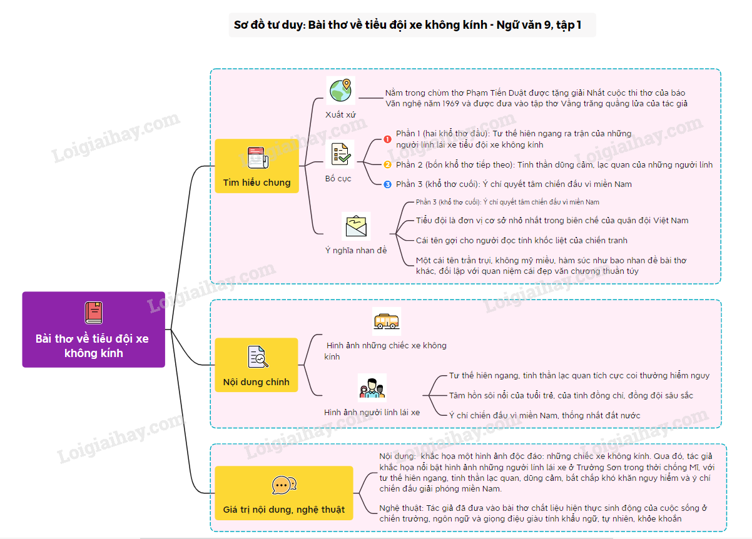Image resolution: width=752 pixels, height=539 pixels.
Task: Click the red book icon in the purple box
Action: (x=94, y=313)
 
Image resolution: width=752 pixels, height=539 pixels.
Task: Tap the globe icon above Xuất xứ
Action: (x=340, y=90)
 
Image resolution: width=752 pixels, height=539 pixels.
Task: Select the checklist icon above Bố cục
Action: (x=340, y=154)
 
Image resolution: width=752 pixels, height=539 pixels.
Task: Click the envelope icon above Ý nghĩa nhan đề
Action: (x=356, y=226)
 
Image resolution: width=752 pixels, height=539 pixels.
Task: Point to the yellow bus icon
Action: (x=387, y=321)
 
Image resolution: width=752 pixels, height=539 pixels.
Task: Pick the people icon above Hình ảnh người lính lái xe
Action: (x=372, y=388)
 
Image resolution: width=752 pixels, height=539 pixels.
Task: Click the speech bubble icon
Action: (x=284, y=485)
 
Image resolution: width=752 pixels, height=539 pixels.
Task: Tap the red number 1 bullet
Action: (x=387, y=139)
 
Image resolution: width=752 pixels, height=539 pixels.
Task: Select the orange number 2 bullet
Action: (x=387, y=164)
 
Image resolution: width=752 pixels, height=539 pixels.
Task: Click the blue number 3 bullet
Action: (x=387, y=184)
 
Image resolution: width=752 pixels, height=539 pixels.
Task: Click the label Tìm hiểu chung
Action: (x=257, y=183)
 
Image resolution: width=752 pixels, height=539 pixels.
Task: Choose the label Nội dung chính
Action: (x=256, y=382)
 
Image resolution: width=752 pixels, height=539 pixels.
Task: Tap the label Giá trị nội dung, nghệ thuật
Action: (x=283, y=510)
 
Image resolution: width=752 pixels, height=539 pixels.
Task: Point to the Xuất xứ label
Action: (x=340, y=115)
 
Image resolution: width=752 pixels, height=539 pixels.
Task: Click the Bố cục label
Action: (x=338, y=179)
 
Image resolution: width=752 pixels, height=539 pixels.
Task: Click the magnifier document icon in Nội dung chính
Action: (x=258, y=356)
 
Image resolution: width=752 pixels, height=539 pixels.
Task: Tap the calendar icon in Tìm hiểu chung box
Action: (x=258, y=158)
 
